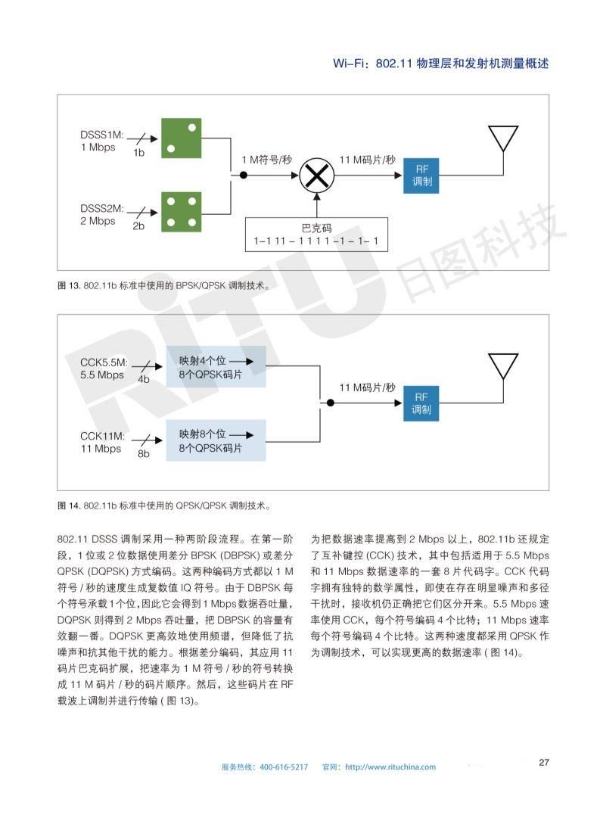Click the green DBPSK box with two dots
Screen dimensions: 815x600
point(182,137)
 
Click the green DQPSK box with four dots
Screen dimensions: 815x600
point(182,211)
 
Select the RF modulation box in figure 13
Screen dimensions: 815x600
point(421,175)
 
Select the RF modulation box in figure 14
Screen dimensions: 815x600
point(421,403)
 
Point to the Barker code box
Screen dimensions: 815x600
point(316,235)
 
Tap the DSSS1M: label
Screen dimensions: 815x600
point(102,135)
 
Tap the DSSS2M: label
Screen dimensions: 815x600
point(102,209)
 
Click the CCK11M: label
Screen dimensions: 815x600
point(101,436)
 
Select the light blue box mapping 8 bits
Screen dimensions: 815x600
point(216,441)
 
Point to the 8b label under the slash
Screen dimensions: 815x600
point(144,454)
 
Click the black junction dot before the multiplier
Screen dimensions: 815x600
point(244,175)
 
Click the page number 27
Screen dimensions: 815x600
point(543,762)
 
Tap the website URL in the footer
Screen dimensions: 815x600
point(390,767)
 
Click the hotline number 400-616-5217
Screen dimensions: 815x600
point(284,767)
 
